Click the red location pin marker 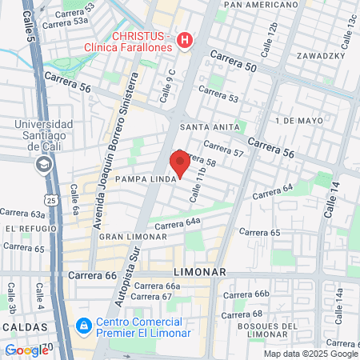tap(181, 162)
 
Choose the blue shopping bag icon tap(82, 327)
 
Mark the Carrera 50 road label tap(234, 62)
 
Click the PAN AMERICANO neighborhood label tap(254, 5)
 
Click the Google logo tap(26, 350)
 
